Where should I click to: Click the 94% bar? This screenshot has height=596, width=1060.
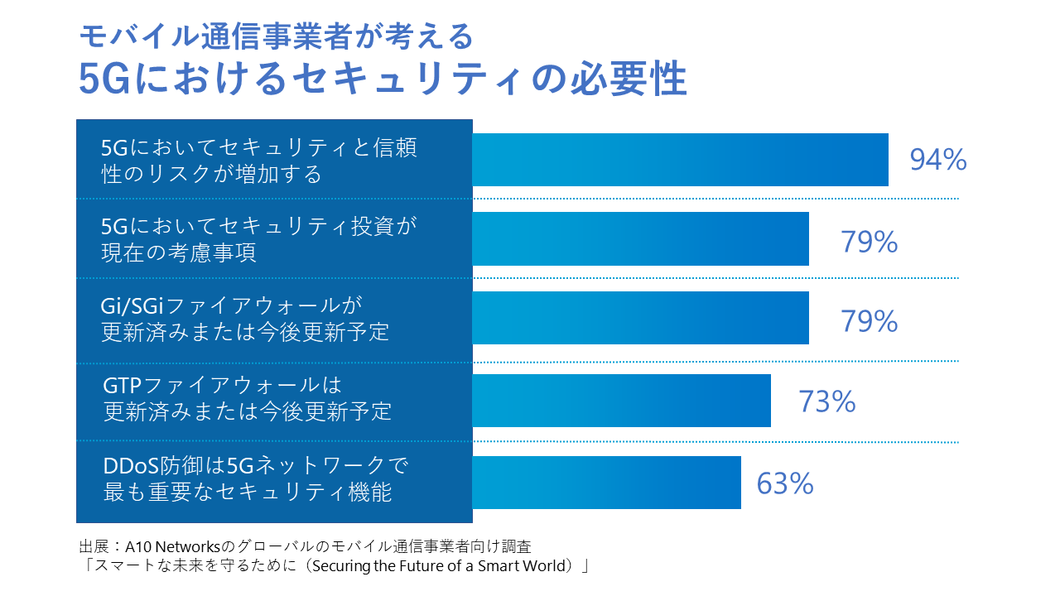pos(680,160)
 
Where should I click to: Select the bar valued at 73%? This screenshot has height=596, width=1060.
pos(621,401)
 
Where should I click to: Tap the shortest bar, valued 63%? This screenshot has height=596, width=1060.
pos(606,483)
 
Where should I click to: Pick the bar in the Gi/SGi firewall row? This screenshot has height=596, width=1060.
pos(640,318)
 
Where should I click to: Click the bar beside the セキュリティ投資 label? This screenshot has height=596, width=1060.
pos(640,238)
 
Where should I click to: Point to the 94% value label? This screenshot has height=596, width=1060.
pos(937,160)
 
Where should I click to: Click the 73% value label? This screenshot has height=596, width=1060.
pos(826,401)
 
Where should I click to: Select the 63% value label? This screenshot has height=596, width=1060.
pos(785,483)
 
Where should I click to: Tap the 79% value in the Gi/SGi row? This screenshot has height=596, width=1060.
pos(870,321)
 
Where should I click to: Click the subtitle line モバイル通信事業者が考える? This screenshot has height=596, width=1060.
pos(277,36)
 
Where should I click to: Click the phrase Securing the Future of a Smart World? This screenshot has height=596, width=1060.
pos(452,566)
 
